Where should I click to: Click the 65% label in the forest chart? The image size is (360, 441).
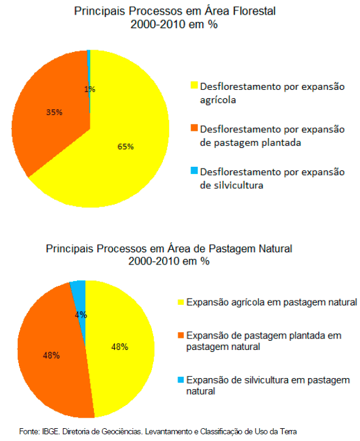point(125,147)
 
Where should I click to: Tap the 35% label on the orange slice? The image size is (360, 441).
point(54,112)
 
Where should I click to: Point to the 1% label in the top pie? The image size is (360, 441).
point(90,89)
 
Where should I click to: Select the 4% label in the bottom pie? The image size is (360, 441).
point(81,315)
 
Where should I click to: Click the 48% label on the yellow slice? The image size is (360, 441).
point(120,347)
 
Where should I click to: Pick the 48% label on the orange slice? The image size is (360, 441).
point(51,355)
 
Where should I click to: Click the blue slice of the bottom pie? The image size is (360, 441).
point(79,298)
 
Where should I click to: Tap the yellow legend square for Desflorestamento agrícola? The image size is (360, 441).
point(194,85)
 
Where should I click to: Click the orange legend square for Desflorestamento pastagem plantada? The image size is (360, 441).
point(194,128)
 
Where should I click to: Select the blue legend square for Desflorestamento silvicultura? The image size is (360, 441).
point(194,170)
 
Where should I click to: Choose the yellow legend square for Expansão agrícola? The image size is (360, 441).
point(181,302)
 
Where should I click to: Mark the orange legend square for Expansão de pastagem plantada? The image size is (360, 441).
point(181,335)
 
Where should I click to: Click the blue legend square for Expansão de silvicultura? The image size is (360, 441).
point(181,380)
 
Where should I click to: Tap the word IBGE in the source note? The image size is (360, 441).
point(51,431)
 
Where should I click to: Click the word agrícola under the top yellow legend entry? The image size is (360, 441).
point(218,100)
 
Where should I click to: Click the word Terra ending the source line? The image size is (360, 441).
point(289,431)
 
